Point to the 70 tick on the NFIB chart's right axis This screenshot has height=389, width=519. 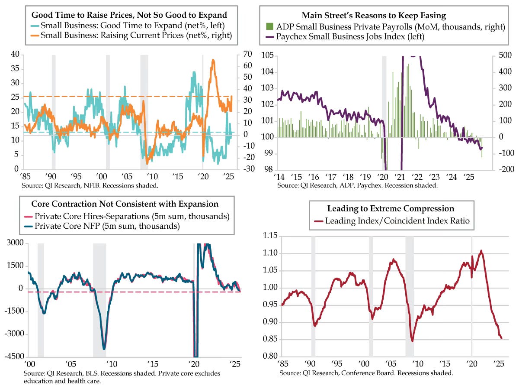point(248,54)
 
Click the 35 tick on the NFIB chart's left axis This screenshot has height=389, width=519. point(15,68)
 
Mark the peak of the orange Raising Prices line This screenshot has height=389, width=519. point(213,60)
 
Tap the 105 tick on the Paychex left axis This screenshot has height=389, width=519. point(267,55)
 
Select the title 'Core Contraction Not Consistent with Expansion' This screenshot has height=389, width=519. point(125,204)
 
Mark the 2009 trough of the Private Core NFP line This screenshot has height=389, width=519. point(104,349)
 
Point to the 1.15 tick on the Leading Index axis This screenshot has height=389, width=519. point(269,236)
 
